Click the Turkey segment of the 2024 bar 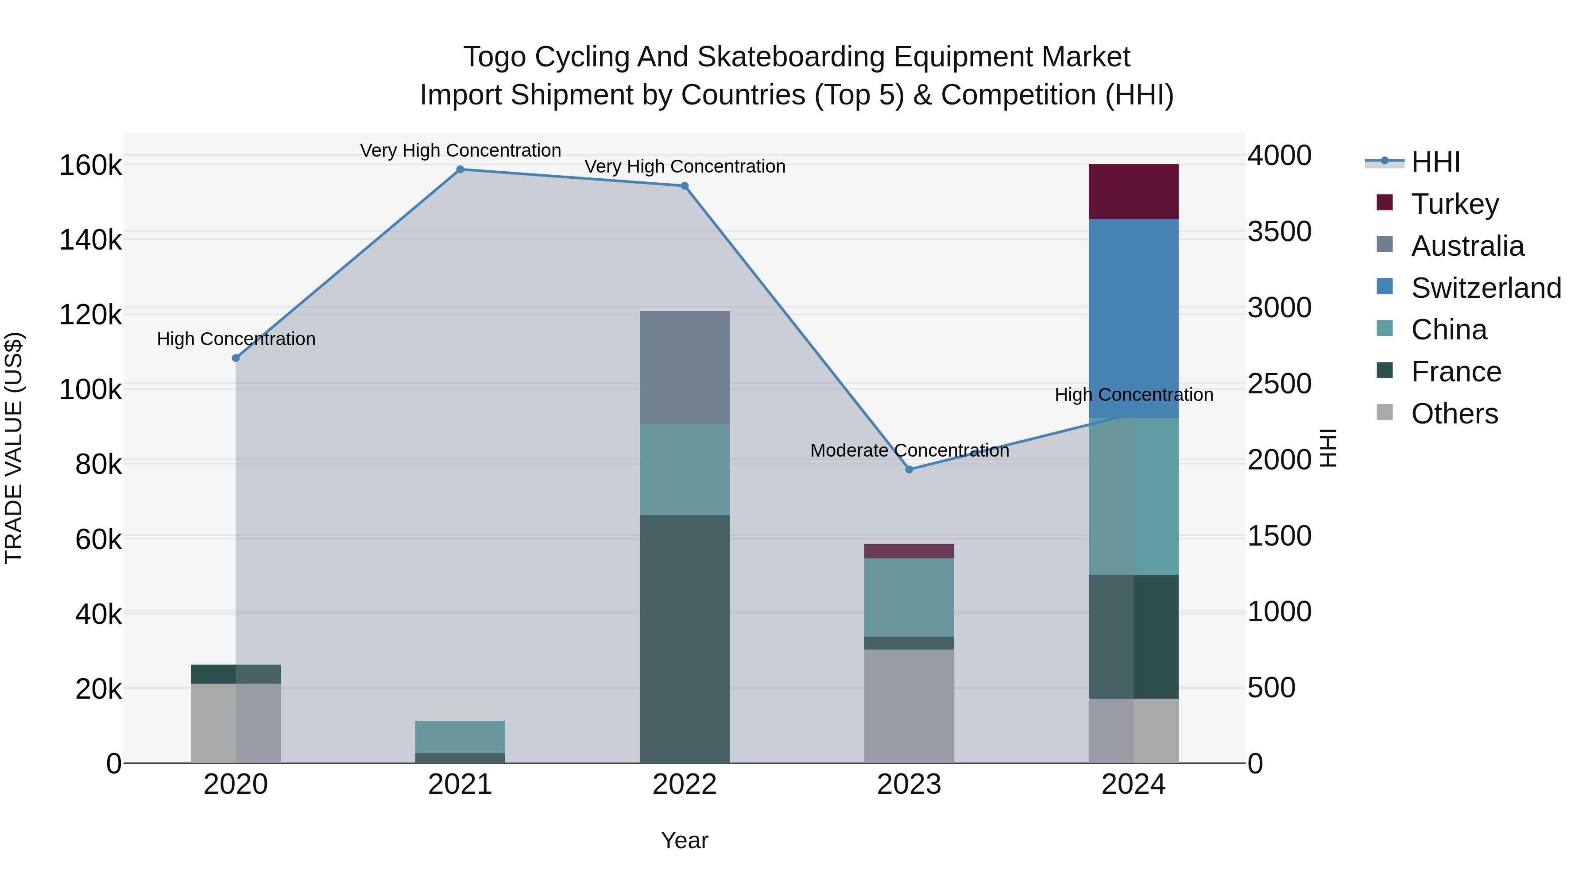click(x=1133, y=191)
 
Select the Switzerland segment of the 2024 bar click(x=1133, y=319)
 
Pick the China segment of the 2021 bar click(x=460, y=736)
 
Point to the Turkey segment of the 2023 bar click(x=909, y=551)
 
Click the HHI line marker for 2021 click(x=460, y=169)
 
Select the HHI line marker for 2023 click(x=909, y=469)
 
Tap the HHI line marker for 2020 click(x=236, y=358)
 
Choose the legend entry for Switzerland click(x=1486, y=288)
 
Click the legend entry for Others click(x=1454, y=414)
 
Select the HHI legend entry click(x=1435, y=162)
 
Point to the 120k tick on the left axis click(x=90, y=315)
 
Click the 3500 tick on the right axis click(x=1278, y=232)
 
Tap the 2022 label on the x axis click(x=685, y=784)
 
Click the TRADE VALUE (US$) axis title click(x=14, y=448)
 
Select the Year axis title click(x=685, y=840)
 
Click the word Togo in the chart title click(x=495, y=57)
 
